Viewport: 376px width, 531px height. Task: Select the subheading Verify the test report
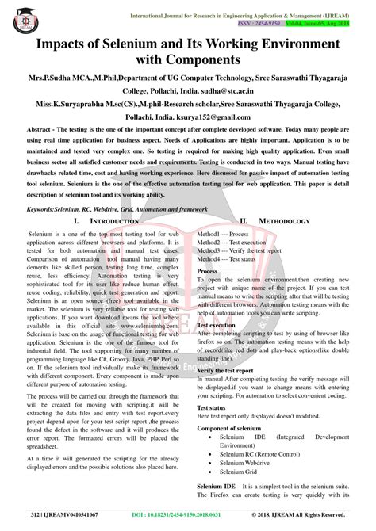point(231,370)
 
